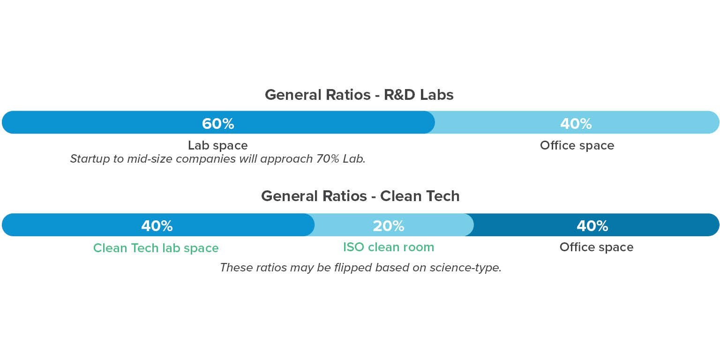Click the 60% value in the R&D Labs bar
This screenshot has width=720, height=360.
pos(218,124)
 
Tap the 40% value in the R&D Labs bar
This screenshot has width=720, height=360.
pos(576,124)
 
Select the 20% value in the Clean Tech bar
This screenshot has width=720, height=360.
pos(388,226)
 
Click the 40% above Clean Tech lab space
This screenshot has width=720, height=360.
pos(157,226)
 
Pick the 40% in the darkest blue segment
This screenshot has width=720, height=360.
pos(592,226)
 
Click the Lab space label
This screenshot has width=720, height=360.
pos(218,146)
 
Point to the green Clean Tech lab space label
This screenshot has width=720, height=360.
pos(156,248)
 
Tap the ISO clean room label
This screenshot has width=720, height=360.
pos(389,247)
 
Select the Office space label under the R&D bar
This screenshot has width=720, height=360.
pos(577,146)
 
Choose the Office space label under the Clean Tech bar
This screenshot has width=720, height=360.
pos(596,247)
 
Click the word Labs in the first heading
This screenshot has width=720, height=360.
pos(436,95)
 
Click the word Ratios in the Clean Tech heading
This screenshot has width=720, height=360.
pos(345,196)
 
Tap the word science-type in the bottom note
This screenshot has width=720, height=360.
pos(465,268)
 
